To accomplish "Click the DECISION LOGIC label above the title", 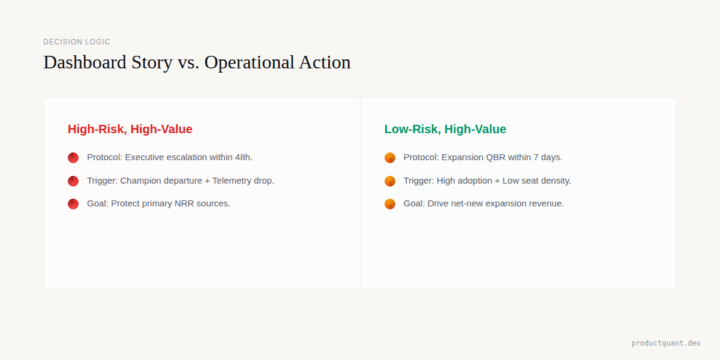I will point(77,42).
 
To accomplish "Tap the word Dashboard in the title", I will point(85,62).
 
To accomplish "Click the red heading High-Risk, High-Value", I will point(130,129).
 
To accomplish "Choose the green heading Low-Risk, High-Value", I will point(445,129).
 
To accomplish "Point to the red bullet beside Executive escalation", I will point(73,158).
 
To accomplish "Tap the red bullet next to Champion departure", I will point(73,181).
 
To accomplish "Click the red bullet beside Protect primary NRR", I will point(73,204).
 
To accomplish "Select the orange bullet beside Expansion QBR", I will point(390,158).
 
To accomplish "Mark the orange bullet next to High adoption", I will point(390,181).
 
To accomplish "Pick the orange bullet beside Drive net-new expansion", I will point(390,204).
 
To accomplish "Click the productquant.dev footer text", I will point(665,343).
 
